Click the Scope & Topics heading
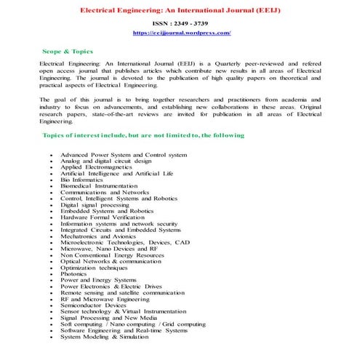pyautogui.click(x=66, y=53)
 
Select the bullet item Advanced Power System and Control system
pyautogui.click(x=123, y=155)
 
